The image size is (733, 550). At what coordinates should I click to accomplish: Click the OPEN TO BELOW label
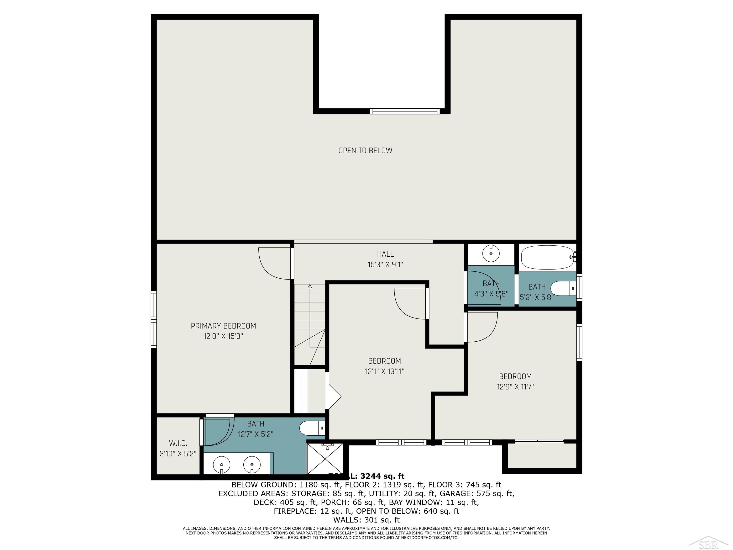365,151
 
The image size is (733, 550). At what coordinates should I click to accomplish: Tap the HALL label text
385,254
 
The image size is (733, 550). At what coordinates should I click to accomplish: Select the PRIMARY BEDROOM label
223,326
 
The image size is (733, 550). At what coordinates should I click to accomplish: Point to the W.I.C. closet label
178,443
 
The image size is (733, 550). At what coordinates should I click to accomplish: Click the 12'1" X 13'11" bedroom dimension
384,371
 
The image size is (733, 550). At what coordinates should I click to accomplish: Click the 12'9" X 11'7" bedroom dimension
515,386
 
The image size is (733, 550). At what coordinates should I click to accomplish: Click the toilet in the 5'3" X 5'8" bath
563,288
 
